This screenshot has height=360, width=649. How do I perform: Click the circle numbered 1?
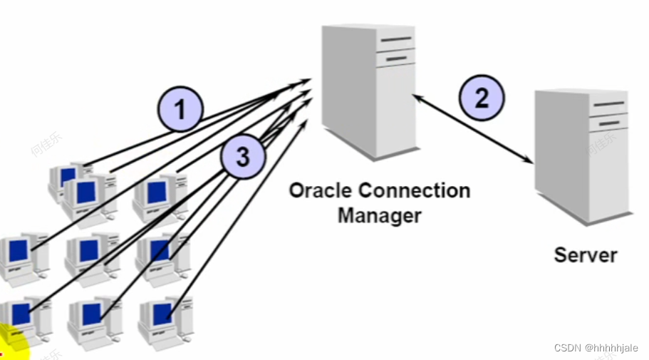(x=180, y=109)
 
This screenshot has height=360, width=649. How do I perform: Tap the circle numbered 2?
(x=481, y=97)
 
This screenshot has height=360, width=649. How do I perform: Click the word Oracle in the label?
(x=322, y=191)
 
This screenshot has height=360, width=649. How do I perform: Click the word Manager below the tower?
(x=379, y=215)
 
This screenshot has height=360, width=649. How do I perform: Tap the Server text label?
(x=586, y=254)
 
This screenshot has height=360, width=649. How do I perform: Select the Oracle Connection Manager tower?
(x=367, y=89)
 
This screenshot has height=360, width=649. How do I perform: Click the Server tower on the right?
(x=583, y=153)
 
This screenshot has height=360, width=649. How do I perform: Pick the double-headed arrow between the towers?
(x=473, y=129)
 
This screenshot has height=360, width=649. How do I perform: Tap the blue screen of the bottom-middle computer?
(x=92, y=314)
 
